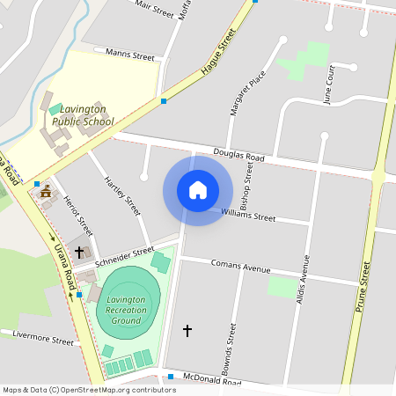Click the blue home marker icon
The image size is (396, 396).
point(198,190)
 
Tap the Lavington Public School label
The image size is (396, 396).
point(82,114)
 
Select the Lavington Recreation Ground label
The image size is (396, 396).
point(125,311)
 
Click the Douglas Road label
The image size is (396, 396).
point(226,155)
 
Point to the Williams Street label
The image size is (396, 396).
point(248,214)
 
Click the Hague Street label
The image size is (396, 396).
point(219,53)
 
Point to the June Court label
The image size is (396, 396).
point(329,84)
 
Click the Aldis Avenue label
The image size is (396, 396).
point(305,279)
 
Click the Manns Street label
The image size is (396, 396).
point(129,55)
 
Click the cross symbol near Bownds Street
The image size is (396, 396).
point(187,330)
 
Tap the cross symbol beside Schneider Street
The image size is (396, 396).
point(79,252)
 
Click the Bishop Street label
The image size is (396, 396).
point(249,180)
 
